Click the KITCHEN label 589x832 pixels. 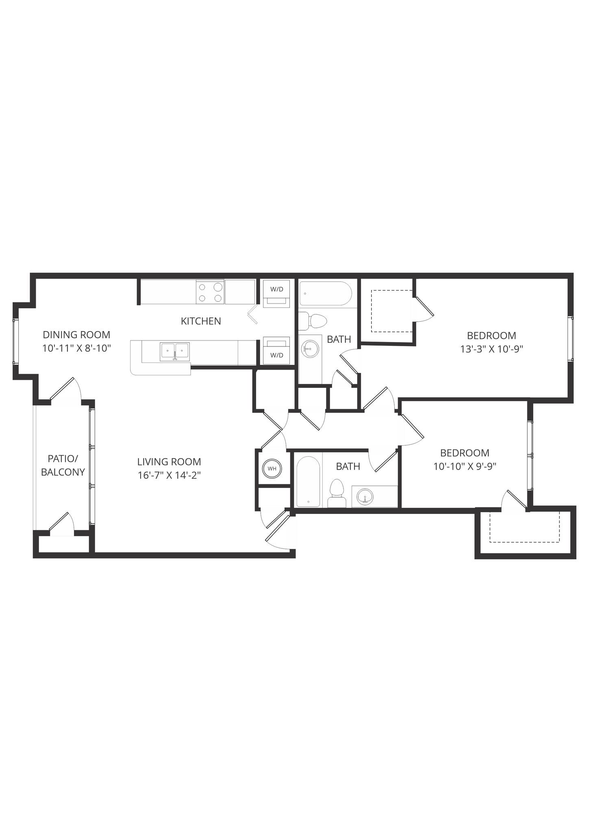tap(201, 321)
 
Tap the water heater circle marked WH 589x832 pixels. tap(272, 468)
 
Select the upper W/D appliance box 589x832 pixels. tap(276, 293)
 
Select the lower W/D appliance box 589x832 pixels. tap(276, 351)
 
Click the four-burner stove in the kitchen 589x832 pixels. tap(210, 292)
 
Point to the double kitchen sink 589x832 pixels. tap(175, 351)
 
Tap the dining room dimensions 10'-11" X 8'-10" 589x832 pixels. tap(76, 348)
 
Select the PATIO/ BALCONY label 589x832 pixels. tap(63, 465)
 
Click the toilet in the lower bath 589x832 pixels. tap(337, 493)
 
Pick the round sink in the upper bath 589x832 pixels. tap(311, 349)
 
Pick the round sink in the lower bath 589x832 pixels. tap(365, 496)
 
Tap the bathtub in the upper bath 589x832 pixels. tap(325, 293)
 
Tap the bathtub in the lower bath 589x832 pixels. tap(308, 481)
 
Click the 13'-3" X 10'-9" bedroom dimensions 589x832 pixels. tap(491, 349)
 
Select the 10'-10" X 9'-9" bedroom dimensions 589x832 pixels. tap(465, 466)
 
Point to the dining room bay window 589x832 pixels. tap(15, 341)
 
